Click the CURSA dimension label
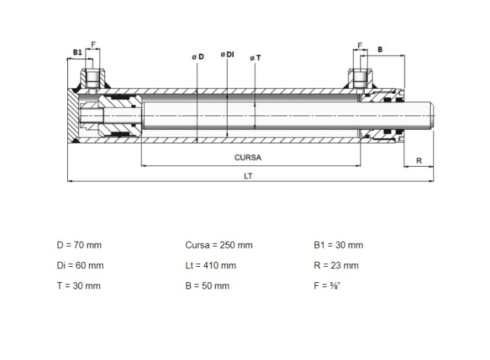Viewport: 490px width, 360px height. (x=248, y=158)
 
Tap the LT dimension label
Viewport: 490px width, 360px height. (x=248, y=176)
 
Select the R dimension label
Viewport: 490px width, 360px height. (x=419, y=161)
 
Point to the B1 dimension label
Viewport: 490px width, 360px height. (x=78, y=53)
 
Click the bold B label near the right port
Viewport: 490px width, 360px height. (x=380, y=50)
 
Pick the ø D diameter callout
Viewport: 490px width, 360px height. (x=198, y=57)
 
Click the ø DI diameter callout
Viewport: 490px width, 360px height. (x=227, y=55)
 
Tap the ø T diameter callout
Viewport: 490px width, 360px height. (x=255, y=58)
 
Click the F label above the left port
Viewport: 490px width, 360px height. (x=93, y=45)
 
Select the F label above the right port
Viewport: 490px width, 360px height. (x=360, y=46)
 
